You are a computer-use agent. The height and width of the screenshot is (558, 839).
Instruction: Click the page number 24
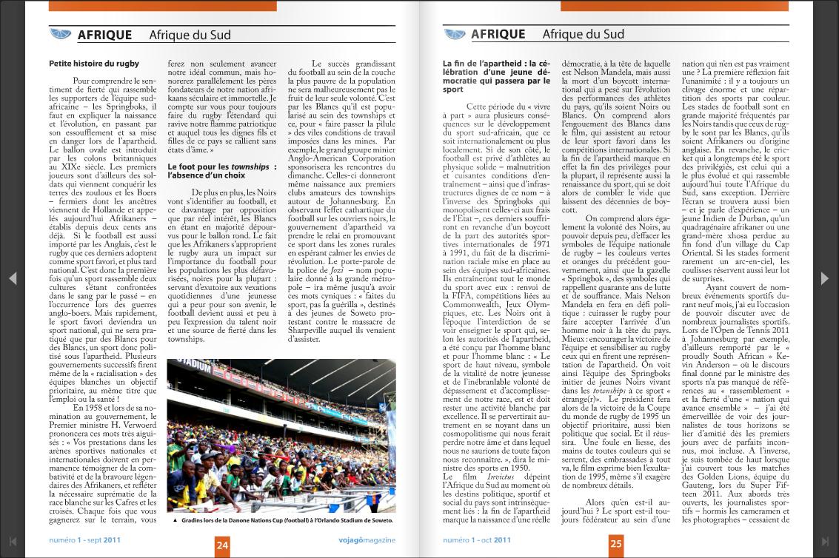pos(222,545)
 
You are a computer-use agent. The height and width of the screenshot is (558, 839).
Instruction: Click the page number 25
pos(616,545)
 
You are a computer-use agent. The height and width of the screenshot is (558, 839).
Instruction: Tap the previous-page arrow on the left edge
pos(13,278)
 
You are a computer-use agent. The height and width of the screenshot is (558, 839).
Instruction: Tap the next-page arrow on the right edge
pos(825,278)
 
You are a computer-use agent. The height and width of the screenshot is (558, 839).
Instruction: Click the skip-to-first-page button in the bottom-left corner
pos(13,542)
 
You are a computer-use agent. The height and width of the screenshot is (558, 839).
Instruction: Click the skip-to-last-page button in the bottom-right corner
pos(826,542)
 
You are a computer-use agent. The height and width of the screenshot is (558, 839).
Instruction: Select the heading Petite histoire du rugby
pos(94,64)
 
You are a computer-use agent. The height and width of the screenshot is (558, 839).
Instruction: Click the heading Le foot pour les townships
pos(221,172)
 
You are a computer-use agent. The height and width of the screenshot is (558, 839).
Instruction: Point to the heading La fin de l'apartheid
pos(496,76)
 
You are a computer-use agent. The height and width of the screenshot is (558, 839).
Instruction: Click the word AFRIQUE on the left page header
pos(104,35)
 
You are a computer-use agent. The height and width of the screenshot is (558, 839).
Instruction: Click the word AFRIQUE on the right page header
pos(498,34)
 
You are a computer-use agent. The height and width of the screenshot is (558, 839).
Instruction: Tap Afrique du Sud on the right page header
pos(583,34)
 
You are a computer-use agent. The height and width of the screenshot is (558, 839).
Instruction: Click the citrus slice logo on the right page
pos(454,34)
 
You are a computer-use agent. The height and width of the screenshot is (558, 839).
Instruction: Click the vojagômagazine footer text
pos(367,540)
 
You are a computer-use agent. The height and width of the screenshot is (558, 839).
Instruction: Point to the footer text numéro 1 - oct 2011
pos(477,540)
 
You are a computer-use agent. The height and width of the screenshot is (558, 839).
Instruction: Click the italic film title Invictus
pos(501,477)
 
